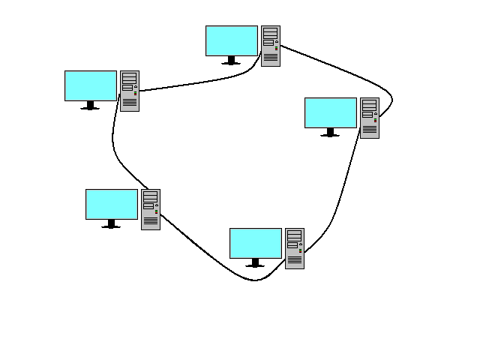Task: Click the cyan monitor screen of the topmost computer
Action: (232, 40)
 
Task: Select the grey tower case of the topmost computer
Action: (271, 46)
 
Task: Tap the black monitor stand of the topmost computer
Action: (231, 61)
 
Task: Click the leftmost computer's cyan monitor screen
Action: (91, 85)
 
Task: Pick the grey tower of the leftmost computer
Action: (130, 91)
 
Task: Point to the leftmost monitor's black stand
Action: (90, 106)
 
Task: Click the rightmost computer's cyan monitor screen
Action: (331, 112)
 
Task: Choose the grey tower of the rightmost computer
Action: (370, 118)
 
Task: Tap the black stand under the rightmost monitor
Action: (330, 133)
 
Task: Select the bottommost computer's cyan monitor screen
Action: (256, 243)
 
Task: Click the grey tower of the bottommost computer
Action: (295, 248)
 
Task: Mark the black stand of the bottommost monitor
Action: (255, 263)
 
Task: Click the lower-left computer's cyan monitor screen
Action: (112, 204)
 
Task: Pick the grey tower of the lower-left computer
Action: (151, 209)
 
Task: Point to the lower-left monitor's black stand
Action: (111, 224)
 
